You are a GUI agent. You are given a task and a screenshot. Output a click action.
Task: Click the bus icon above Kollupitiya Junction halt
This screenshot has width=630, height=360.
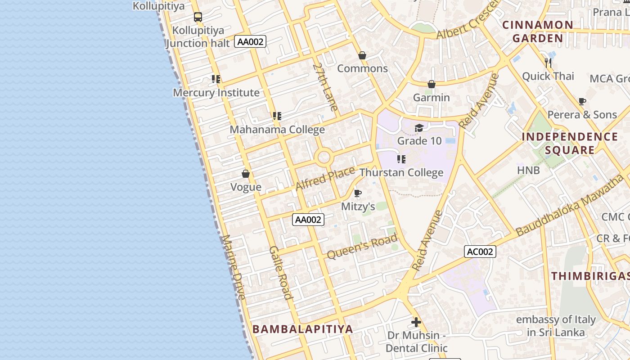pyautogui.click(x=198, y=17)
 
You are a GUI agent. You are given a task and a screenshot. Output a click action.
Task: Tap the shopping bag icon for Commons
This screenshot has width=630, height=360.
pyautogui.click(x=362, y=55)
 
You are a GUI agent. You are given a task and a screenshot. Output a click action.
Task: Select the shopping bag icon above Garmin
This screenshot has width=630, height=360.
pyautogui.click(x=431, y=84)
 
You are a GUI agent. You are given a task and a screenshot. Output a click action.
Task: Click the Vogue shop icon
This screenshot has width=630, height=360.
pyautogui.click(x=246, y=174)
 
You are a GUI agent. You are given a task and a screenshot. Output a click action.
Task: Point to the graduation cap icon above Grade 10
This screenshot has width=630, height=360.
pyautogui.click(x=419, y=128)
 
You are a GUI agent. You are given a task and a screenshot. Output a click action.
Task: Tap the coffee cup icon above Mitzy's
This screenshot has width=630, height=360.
pyautogui.click(x=358, y=193)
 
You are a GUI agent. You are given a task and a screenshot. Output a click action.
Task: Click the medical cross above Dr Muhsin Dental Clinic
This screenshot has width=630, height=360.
pyautogui.click(x=416, y=322)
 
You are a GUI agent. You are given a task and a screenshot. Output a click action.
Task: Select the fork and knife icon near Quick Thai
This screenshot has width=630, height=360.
pyautogui.click(x=548, y=63)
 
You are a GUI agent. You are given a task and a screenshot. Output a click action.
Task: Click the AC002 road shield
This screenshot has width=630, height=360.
pyautogui.click(x=480, y=252)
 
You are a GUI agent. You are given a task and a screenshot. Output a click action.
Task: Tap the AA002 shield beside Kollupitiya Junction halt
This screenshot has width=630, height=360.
pyautogui.click(x=250, y=42)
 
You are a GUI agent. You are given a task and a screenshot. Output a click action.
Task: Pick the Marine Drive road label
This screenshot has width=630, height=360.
pyautogui.click(x=234, y=267)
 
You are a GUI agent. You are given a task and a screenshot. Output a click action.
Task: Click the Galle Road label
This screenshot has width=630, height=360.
pyautogui.click(x=281, y=273)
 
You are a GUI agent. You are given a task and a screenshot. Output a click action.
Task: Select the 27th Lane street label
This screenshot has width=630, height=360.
pyautogui.click(x=325, y=87)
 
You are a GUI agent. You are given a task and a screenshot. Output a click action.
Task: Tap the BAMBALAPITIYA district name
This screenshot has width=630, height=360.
pyautogui.click(x=302, y=329)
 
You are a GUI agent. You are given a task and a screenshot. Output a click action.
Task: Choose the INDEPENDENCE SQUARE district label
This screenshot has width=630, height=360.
pyautogui.click(x=570, y=143)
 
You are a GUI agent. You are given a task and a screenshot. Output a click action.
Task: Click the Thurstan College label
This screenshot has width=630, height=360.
pyautogui.click(x=401, y=172)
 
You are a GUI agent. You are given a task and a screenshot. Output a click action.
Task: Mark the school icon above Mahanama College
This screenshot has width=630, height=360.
pyautogui.click(x=277, y=116)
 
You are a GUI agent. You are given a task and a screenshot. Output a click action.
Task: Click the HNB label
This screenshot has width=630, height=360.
pyautogui.click(x=528, y=170)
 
